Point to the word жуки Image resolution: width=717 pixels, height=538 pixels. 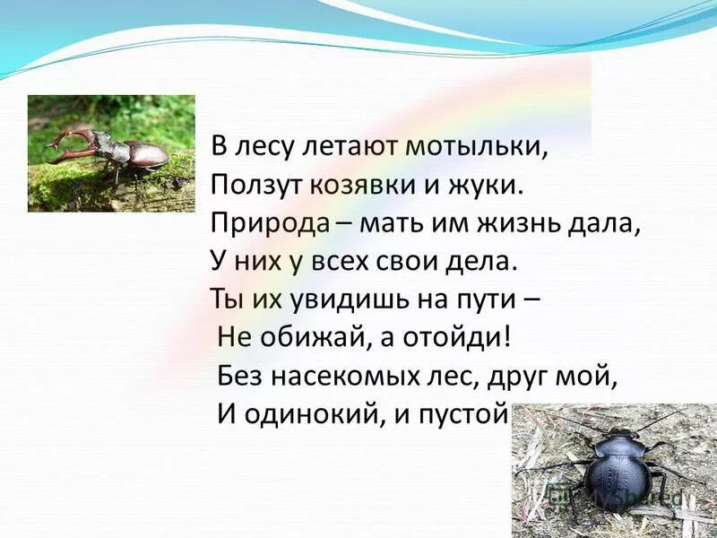click(x=488, y=186)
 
